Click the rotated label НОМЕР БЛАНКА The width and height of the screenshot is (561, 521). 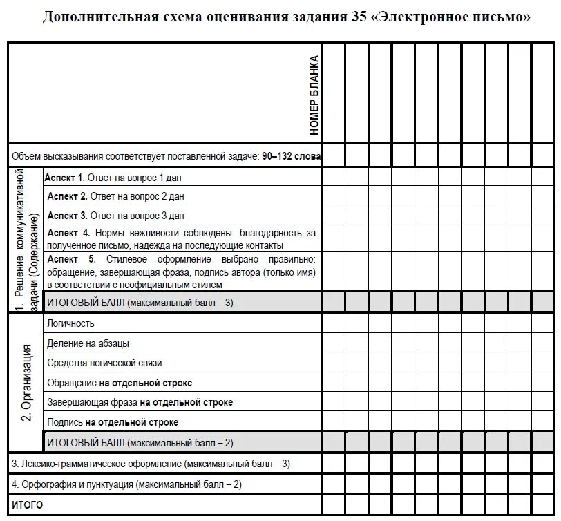314,95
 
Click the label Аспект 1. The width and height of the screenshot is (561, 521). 64,178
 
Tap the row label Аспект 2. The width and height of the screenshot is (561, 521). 67,197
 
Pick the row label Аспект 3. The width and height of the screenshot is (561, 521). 67,216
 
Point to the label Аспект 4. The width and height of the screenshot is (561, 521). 68,234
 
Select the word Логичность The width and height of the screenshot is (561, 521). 71,323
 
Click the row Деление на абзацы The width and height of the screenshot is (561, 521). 88,343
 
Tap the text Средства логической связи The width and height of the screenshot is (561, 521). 104,363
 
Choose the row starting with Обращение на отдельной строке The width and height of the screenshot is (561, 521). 120,383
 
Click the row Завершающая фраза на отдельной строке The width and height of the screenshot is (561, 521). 140,402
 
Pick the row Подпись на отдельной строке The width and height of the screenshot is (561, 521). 113,422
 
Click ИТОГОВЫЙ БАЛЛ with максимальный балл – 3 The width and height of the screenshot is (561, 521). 140,303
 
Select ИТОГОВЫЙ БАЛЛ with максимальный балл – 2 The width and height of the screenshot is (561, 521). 140,442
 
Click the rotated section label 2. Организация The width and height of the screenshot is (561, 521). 26,382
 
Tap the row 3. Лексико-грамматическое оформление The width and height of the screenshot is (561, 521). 151,464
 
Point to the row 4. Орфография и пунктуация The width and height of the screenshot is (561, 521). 126,484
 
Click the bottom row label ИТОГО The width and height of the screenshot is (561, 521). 28,505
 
